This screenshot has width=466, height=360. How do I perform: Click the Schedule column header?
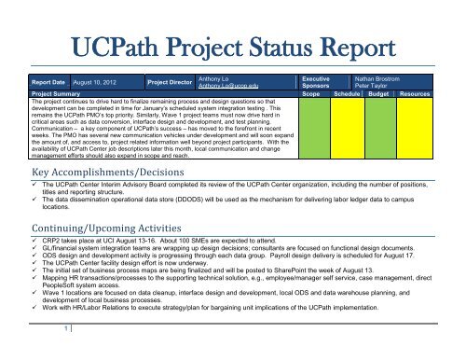pyautogui.click(x=349, y=94)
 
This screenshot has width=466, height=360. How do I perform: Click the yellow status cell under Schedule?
pyautogui.click(x=349, y=122)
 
